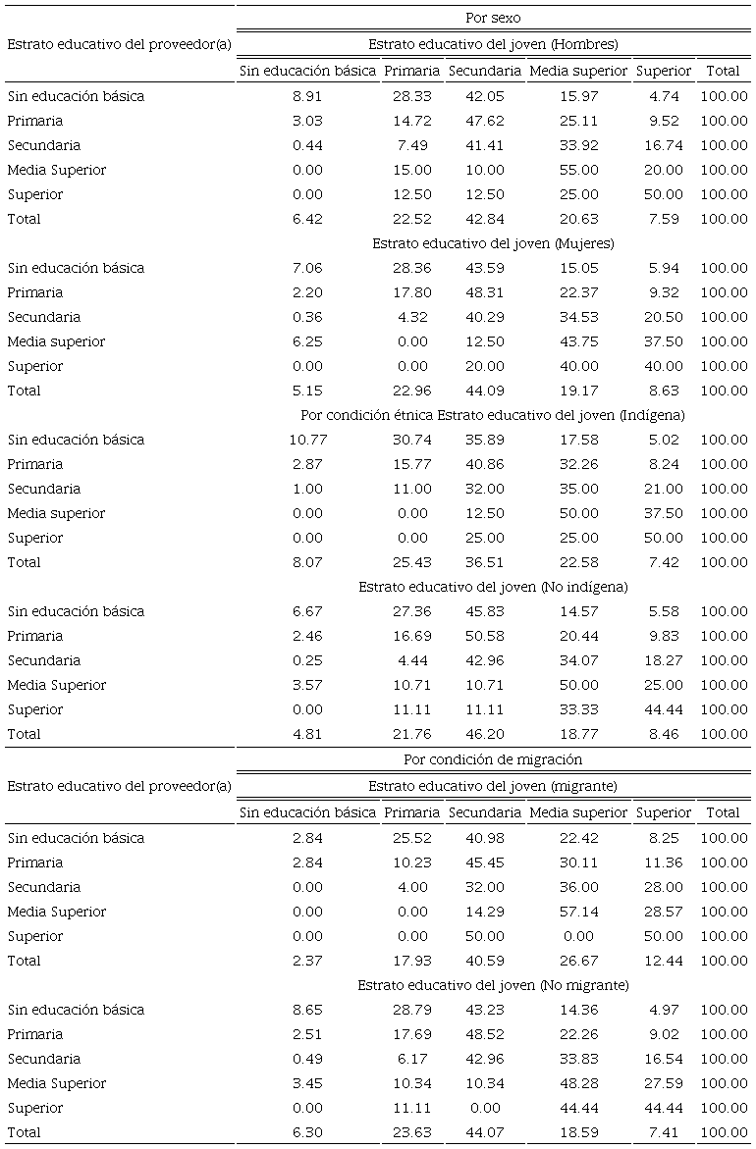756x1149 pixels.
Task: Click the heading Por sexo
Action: (x=493, y=18)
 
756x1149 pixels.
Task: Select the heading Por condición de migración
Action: (x=493, y=759)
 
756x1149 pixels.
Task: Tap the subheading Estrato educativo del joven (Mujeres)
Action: (x=493, y=243)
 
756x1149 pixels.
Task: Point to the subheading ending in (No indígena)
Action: (x=493, y=587)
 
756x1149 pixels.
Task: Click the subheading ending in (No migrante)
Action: (x=493, y=985)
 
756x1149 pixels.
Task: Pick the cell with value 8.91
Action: (x=307, y=96)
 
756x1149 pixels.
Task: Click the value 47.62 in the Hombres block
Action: (x=485, y=121)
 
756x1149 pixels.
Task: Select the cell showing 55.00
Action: (x=578, y=170)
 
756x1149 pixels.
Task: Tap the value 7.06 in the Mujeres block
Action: (x=307, y=268)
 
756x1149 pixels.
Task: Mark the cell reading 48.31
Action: (x=485, y=292)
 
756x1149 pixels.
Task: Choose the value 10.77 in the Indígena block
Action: (x=307, y=440)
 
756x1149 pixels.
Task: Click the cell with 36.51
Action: (x=485, y=562)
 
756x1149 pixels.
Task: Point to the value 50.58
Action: (x=485, y=636)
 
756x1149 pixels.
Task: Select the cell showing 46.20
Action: (x=485, y=734)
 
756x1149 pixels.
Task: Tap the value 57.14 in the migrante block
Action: (x=578, y=912)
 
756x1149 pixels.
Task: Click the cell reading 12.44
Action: (x=664, y=961)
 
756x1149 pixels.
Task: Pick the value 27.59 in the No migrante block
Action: (x=664, y=1083)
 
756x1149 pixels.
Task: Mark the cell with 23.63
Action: (x=412, y=1132)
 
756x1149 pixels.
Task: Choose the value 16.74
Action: (x=664, y=145)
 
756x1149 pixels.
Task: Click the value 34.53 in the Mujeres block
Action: (x=578, y=317)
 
